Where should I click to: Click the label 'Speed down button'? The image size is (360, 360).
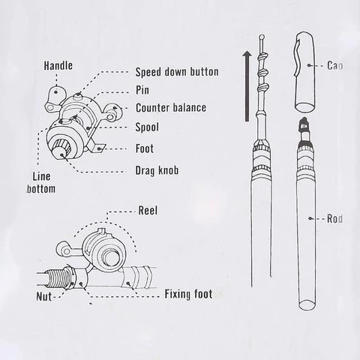[176, 73]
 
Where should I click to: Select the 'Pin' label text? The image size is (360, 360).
[142, 91]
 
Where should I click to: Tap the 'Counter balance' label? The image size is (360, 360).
[170, 108]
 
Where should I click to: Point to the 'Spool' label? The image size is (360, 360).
[148, 127]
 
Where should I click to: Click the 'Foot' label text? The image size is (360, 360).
[145, 148]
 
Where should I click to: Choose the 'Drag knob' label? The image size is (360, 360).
[157, 169]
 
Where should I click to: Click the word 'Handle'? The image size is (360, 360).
[58, 66]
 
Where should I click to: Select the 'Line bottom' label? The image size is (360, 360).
[40, 183]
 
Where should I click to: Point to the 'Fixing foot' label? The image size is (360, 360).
[187, 293]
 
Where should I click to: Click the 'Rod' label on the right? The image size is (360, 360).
[334, 219]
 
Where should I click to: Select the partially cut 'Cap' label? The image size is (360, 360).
[335, 66]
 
